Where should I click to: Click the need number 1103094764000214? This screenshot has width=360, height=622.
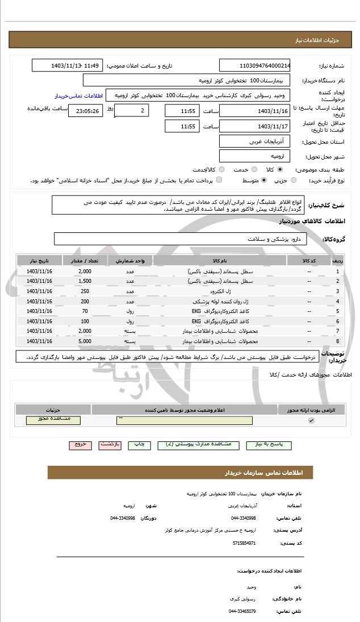coord(254,65)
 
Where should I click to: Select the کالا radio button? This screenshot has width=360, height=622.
coord(280,169)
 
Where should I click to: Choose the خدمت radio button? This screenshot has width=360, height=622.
coord(253,169)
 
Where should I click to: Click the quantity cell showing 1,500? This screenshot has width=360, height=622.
coord(85,281)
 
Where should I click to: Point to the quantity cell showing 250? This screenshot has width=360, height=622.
coord(85,291)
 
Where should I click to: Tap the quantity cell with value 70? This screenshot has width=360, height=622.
coord(85,311)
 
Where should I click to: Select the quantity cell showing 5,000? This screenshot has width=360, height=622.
coord(85,341)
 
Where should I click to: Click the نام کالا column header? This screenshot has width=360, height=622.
coord(220,260)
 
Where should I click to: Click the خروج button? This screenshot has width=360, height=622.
coord(79,445)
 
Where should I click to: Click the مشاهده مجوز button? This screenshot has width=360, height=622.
coord(53,420)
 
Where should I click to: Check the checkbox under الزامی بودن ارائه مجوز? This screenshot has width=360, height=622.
coord(311,420)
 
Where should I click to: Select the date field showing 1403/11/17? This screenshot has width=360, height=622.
coord(254,126)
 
